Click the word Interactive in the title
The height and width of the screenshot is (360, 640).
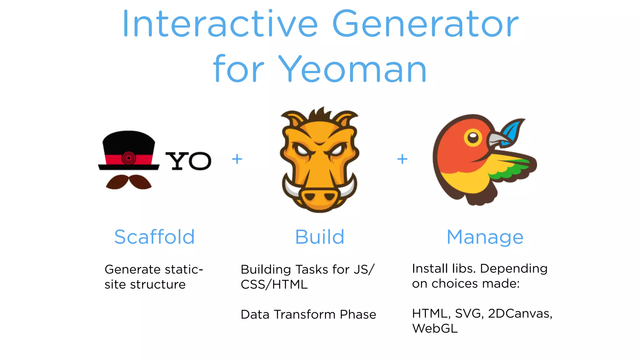(220, 24)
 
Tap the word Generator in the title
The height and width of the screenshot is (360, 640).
(425, 24)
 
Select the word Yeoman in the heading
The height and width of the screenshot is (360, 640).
(352, 69)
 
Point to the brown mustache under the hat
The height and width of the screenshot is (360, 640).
(129, 182)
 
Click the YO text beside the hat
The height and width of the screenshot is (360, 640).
(188, 161)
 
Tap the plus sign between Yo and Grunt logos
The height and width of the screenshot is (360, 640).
(237, 159)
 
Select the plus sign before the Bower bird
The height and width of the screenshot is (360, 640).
(402, 159)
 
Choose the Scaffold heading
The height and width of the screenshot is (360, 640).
(154, 237)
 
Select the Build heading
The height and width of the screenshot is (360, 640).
(320, 237)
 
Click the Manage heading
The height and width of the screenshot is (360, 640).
(485, 237)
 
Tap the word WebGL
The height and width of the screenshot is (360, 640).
(435, 328)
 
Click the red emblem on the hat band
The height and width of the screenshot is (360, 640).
(128, 158)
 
